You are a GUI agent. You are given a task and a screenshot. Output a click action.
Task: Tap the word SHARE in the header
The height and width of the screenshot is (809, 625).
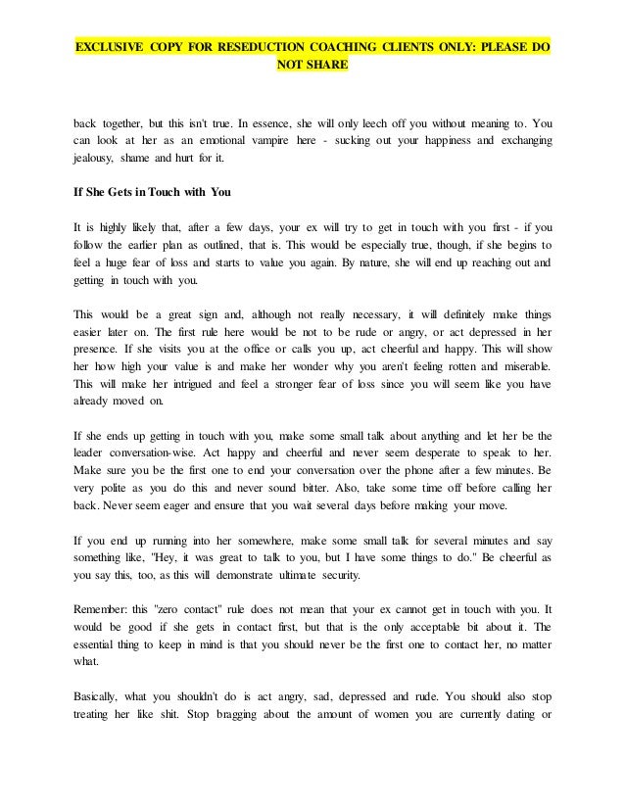point(329,68)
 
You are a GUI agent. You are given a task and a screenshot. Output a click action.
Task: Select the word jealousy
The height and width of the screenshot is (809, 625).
point(98,160)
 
